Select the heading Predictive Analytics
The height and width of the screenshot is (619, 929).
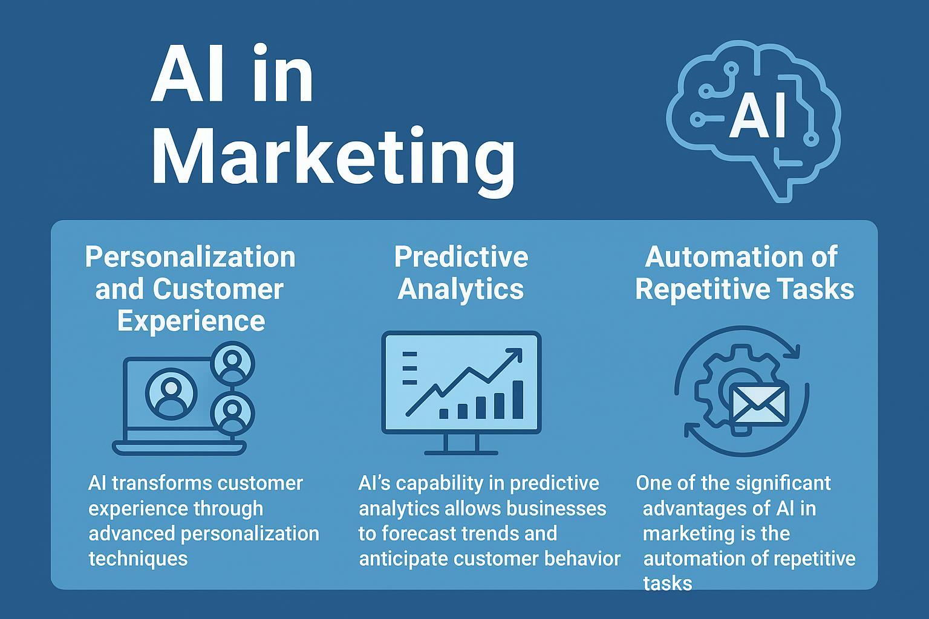pyautogui.click(x=461, y=273)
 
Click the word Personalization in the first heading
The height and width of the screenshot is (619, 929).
pyautogui.click(x=190, y=257)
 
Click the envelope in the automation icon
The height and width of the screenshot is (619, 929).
pyautogui.click(x=759, y=403)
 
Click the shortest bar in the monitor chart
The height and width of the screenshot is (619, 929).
pyautogui.click(x=443, y=413)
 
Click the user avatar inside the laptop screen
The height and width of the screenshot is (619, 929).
pyautogui.click(x=171, y=394)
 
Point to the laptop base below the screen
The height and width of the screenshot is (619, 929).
pyautogui.click(x=179, y=448)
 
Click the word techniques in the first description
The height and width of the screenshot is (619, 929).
pyautogui.click(x=138, y=558)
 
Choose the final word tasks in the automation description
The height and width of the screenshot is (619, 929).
pyautogui.click(x=667, y=583)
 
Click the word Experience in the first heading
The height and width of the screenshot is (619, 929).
pyautogui.click(x=191, y=321)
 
